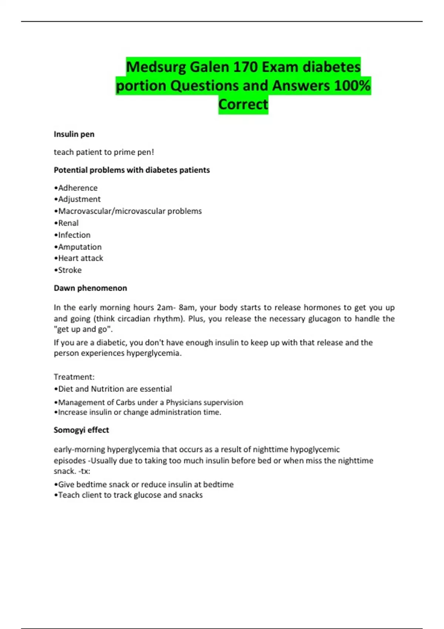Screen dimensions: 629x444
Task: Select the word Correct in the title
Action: click(243, 104)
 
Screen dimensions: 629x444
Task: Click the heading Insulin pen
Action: click(74, 134)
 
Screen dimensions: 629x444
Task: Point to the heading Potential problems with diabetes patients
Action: click(132, 170)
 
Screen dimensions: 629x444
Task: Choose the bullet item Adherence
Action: click(78, 188)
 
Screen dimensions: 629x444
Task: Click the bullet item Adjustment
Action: click(79, 199)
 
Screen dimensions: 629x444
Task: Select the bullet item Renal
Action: click(68, 223)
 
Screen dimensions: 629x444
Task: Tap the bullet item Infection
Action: click(74, 235)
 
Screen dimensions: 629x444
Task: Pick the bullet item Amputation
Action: click(80, 247)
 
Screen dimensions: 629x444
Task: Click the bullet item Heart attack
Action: click(80, 258)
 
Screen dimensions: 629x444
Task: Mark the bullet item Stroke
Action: click(70, 270)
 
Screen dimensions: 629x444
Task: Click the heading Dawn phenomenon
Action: click(90, 288)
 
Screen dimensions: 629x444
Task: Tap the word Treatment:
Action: click(74, 377)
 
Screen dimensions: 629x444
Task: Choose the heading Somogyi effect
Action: click(81, 430)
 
